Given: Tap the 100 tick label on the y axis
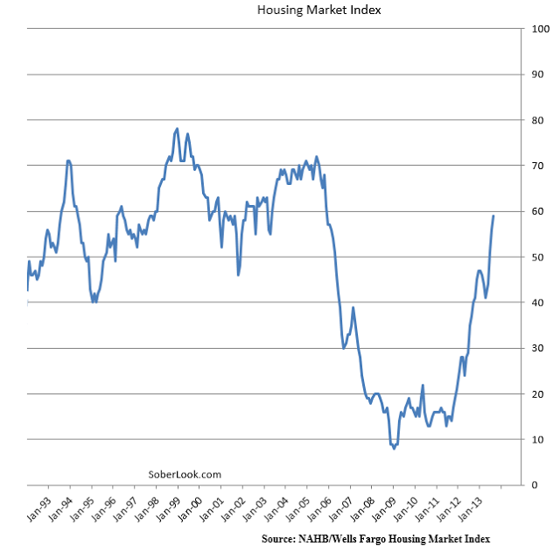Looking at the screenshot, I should point(541,29).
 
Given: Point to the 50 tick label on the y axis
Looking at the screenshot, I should point(538,257).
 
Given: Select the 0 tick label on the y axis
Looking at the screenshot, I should point(535,485).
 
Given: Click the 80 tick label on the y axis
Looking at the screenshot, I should point(538,120).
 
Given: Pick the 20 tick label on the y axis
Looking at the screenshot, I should point(538,393).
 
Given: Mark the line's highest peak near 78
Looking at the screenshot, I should point(178,129).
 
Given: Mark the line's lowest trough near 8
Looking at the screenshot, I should point(395,448).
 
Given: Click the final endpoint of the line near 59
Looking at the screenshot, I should point(493,216).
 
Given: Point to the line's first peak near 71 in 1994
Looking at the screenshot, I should point(68,161).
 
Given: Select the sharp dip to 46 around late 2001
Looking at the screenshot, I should point(238,274).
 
